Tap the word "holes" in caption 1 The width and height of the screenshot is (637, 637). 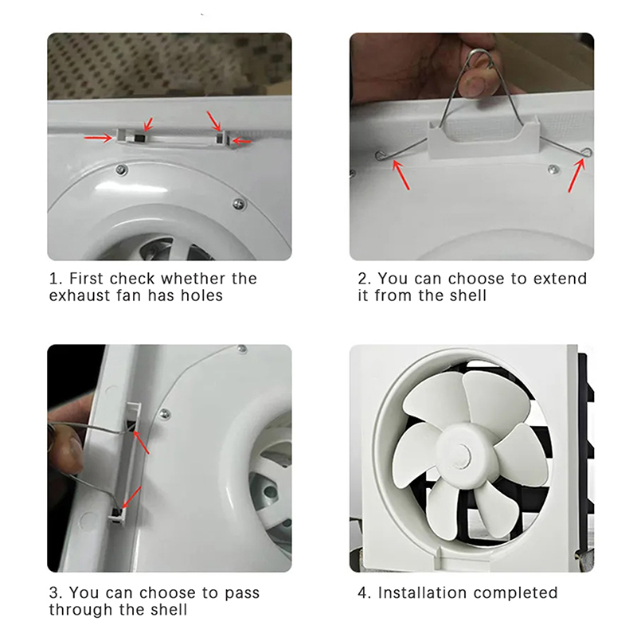click(202, 295)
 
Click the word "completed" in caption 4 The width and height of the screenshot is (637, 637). click(515, 593)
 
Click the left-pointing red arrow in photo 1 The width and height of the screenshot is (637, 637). click(242, 141)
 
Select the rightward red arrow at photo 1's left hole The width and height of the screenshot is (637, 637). click(98, 138)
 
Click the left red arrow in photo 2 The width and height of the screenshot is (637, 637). click(401, 174)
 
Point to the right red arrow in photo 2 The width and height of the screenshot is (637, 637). click(576, 175)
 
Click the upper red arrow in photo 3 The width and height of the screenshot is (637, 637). click(141, 442)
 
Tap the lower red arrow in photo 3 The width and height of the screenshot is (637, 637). click(131, 497)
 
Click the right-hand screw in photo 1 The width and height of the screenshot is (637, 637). click(239, 204)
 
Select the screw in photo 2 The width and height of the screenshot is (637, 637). click(552, 170)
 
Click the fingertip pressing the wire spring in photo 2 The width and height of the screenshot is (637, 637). click(477, 83)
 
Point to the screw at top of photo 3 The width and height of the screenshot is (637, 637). click(242, 349)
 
